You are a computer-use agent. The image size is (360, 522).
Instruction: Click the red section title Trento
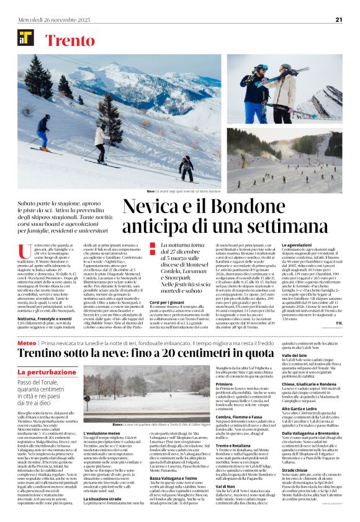click(x=70, y=41)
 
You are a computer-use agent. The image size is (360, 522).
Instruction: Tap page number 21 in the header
click(x=339, y=19)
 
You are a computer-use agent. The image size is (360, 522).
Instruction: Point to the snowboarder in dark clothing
click(x=186, y=166)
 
